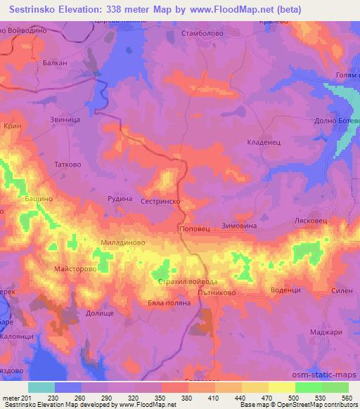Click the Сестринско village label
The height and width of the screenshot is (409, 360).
(x=162, y=200)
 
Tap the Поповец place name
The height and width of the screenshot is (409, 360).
(x=193, y=228)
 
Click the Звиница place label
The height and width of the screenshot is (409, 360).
(x=65, y=120)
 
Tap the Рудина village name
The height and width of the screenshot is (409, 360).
(x=120, y=199)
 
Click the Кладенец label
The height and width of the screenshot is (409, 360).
(x=264, y=141)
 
